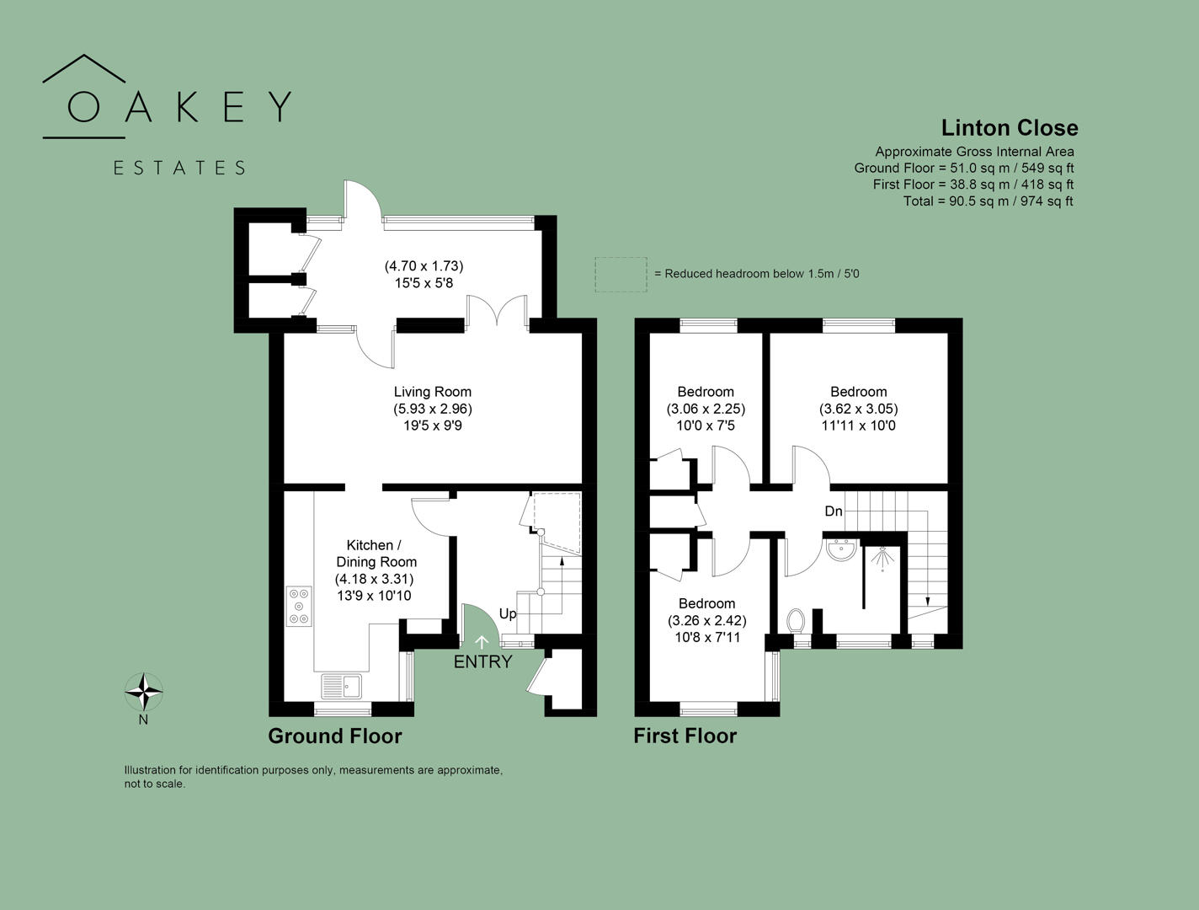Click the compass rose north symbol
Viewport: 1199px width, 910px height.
pyautogui.click(x=144, y=693)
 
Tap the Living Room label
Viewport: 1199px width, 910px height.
pyautogui.click(x=432, y=392)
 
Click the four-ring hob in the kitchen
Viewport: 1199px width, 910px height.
pyautogui.click(x=298, y=607)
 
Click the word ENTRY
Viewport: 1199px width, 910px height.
pyautogui.click(x=482, y=662)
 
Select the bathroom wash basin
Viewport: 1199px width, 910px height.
pyautogui.click(x=839, y=550)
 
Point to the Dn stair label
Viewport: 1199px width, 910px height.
pyautogui.click(x=833, y=511)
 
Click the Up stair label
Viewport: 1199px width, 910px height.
pyautogui.click(x=508, y=613)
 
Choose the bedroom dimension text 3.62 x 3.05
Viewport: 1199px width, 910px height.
pyautogui.click(x=858, y=409)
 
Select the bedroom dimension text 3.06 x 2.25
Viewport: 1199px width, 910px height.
pyautogui.click(x=706, y=409)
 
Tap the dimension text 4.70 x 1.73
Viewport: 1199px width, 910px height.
pyautogui.click(x=424, y=266)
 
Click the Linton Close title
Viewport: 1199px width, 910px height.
pyautogui.click(x=1009, y=128)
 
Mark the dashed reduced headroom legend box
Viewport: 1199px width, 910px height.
pyautogui.click(x=621, y=275)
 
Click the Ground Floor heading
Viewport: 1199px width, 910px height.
pyautogui.click(x=334, y=736)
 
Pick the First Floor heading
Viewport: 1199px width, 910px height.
pyautogui.click(x=685, y=736)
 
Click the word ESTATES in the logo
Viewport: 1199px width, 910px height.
pyautogui.click(x=179, y=168)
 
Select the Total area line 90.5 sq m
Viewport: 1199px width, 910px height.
pyautogui.click(x=988, y=201)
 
